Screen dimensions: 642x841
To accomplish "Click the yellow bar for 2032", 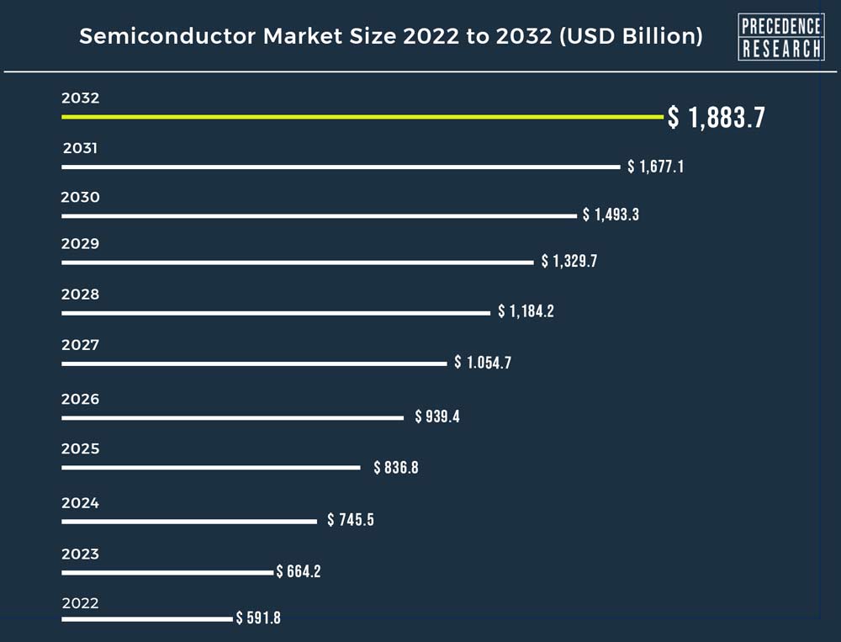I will [x=362, y=117].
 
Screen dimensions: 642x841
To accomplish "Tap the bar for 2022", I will [x=146, y=619].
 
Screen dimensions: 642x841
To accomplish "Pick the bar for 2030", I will [x=319, y=215].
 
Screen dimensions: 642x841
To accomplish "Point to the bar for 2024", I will [x=189, y=521].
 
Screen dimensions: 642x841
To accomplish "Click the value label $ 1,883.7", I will [x=716, y=118].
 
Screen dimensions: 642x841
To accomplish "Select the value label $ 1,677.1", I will [x=655, y=167].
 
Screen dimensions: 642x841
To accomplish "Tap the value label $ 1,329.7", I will [x=569, y=262].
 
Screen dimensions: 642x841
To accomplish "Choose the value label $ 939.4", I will [x=437, y=417].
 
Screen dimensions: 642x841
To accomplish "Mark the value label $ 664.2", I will [x=299, y=572].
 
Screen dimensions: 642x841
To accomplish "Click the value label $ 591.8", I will [x=258, y=618].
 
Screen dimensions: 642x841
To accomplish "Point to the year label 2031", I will [x=81, y=148].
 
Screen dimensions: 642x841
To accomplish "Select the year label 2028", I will [x=81, y=294].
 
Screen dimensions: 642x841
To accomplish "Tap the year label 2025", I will [x=81, y=448].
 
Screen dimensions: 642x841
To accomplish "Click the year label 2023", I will [x=81, y=554].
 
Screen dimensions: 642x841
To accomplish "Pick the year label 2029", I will [x=81, y=244].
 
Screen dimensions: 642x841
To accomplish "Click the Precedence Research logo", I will [x=780, y=37].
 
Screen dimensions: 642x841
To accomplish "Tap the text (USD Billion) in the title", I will [x=630, y=37].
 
